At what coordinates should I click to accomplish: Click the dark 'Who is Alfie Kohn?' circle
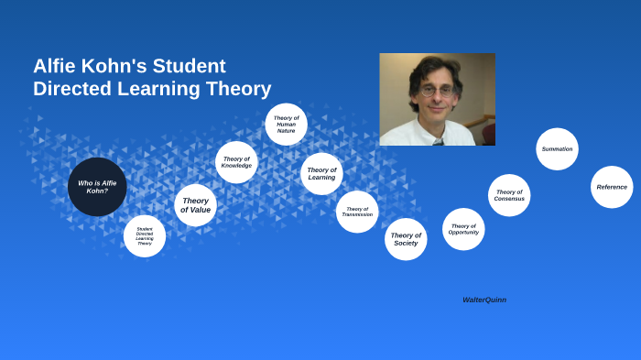point(97,187)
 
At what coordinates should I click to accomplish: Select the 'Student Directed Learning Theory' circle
point(145,236)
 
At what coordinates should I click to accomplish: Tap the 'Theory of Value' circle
point(195,205)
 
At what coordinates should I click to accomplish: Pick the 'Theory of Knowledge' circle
point(236,162)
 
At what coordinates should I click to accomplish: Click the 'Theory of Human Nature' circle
point(286,124)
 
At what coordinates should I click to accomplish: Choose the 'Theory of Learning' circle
point(321,173)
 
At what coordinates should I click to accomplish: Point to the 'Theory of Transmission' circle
point(357,212)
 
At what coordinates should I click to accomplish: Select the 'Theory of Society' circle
point(406,239)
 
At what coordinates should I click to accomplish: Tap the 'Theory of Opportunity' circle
point(463,229)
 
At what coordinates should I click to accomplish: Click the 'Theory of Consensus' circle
point(509,195)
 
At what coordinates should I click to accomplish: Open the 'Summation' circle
point(557,149)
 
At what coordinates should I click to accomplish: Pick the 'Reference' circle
point(612,187)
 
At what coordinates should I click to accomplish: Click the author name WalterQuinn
point(484,300)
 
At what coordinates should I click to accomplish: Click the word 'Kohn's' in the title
point(119,66)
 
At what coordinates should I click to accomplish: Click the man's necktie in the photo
point(439,142)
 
